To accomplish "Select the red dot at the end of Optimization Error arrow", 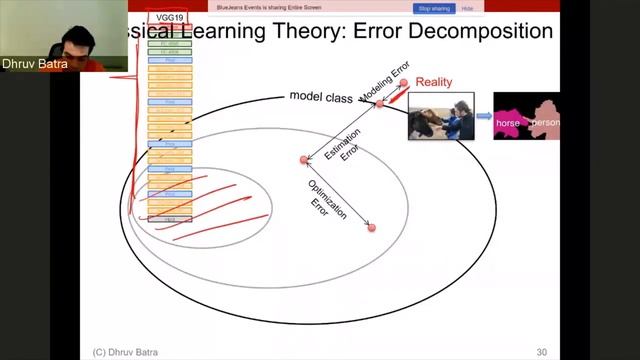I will coord(371,228).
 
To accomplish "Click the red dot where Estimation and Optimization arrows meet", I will coord(304,160).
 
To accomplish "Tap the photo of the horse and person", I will coord(440,117).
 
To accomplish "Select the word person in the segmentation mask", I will coord(545,122).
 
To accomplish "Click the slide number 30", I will coord(542,351).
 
